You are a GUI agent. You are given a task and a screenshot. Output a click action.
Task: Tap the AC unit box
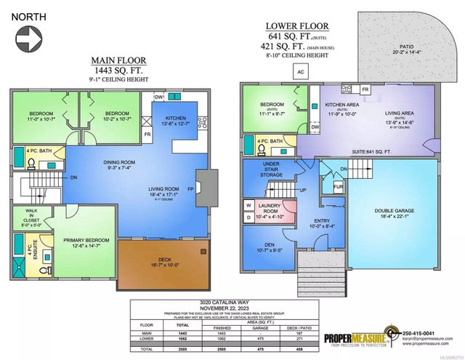click(x=300, y=71)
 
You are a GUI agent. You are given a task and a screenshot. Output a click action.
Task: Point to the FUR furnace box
click(x=338, y=187)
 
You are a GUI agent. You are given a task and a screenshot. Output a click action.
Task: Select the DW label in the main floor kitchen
click(x=159, y=97)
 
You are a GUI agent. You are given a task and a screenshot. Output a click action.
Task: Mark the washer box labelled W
click(x=248, y=206)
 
